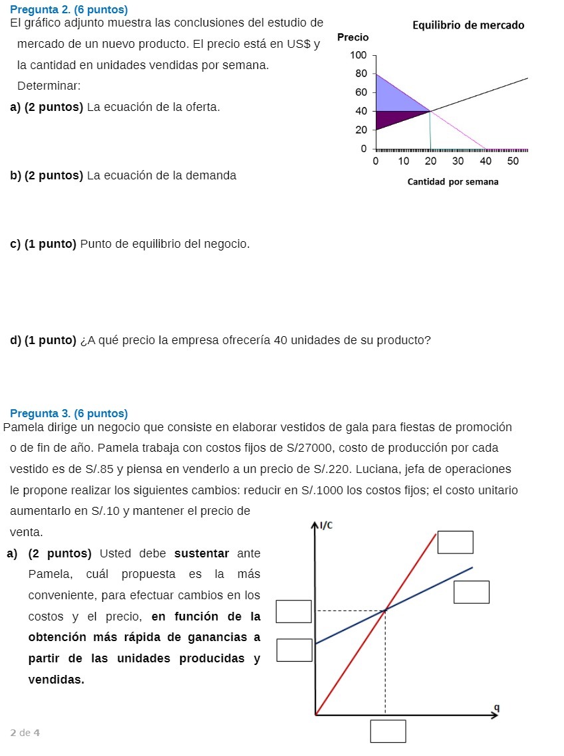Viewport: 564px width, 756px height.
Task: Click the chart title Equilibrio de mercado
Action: (x=468, y=25)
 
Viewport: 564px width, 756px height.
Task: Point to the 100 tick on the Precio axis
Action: (x=358, y=55)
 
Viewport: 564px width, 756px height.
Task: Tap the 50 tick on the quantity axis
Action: (x=512, y=161)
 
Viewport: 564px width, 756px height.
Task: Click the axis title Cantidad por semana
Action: (x=452, y=181)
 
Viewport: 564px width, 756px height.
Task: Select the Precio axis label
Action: (x=352, y=37)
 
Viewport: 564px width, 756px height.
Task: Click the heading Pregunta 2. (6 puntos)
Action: (x=69, y=9)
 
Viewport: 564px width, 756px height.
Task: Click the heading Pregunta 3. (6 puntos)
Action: (x=69, y=413)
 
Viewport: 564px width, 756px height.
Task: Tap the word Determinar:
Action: (x=40, y=86)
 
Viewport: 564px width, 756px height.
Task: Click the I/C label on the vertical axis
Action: (x=326, y=526)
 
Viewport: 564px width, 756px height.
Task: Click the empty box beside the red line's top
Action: (x=455, y=542)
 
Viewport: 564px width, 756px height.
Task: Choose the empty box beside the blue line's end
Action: (x=472, y=592)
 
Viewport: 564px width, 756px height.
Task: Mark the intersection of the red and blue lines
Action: (x=385, y=610)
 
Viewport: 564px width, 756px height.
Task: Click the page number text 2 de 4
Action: (x=25, y=733)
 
